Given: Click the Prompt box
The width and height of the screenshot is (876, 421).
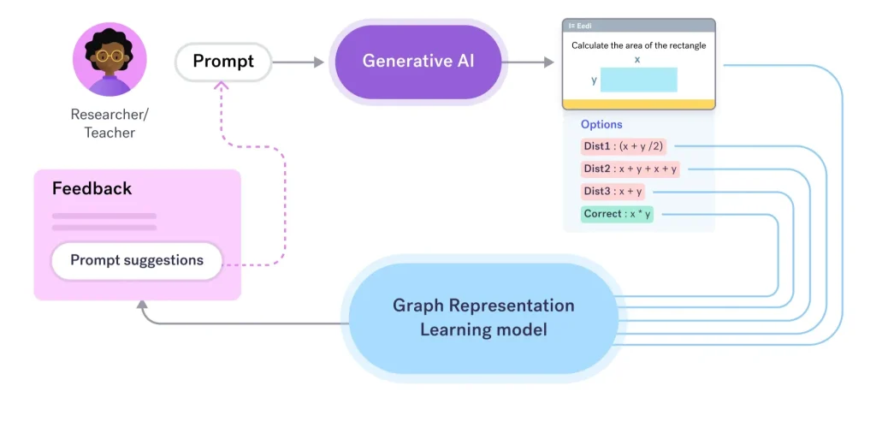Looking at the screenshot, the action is click(223, 62).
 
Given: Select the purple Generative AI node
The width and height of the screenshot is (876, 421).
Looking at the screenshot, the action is click(417, 62).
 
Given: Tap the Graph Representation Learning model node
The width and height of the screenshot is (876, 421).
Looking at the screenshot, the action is click(483, 318).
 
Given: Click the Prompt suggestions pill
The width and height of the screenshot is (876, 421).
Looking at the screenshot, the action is click(137, 260).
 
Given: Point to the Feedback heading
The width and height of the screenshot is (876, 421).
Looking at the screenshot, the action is click(92, 188).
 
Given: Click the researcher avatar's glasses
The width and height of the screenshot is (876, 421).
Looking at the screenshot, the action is click(109, 56).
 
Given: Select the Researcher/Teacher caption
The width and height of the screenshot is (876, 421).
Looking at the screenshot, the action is click(109, 123).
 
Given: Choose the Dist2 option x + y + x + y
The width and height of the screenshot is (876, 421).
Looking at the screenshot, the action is click(630, 169).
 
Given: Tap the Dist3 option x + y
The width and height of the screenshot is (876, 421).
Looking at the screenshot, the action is click(613, 192).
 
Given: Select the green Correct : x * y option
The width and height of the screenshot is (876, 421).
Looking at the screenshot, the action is click(618, 214).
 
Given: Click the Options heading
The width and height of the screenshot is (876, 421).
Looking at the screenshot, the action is click(601, 125).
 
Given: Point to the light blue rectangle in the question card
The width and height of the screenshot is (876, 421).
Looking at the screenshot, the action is click(638, 80).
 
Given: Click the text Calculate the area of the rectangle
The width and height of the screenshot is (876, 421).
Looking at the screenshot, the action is click(638, 45).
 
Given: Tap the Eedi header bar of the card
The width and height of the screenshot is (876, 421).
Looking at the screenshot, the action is click(638, 25).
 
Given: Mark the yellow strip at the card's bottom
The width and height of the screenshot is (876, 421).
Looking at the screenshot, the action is click(638, 104).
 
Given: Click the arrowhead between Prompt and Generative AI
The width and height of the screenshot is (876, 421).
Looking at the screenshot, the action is click(319, 62).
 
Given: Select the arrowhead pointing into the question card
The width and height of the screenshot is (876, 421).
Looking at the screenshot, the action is click(548, 62).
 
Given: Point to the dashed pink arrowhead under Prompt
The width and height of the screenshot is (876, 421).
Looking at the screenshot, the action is click(222, 86).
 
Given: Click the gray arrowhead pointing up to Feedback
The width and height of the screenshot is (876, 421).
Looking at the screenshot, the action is click(143, 305).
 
